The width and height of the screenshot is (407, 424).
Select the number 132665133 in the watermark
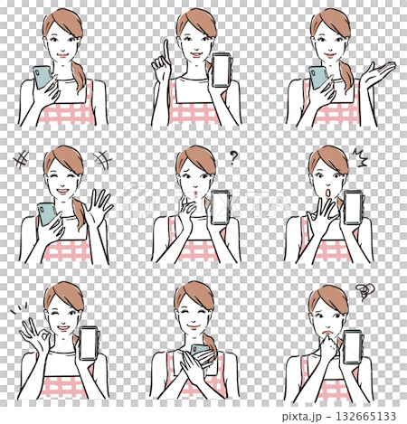click(x=372, y=416)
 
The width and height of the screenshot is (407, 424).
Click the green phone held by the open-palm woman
click(x=318, y=78)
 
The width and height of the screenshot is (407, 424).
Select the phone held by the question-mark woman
click(x=220, y=209)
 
